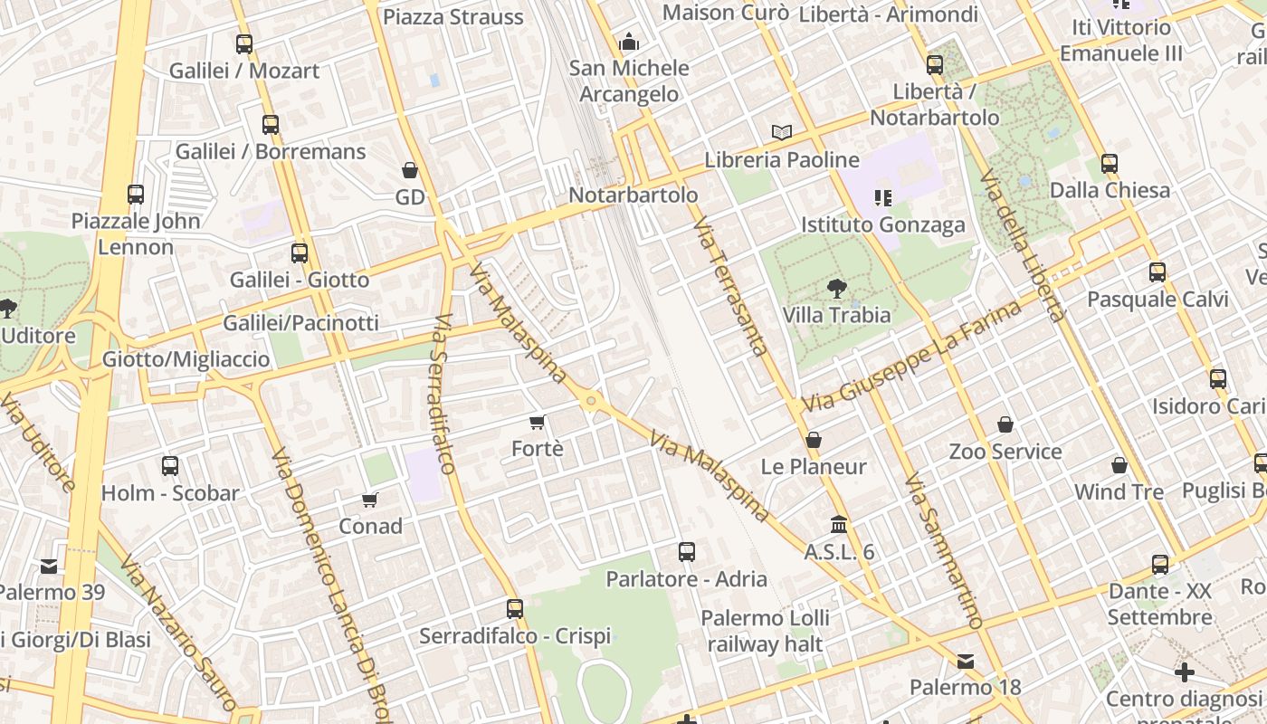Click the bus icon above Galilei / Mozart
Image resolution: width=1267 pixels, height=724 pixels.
[x=243, y=43]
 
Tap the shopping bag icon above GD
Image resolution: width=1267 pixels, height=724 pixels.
[x=409, y=170]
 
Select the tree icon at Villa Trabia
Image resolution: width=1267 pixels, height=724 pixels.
[x=836, y=289]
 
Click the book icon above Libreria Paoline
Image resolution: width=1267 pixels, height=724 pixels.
[x=782, y=133]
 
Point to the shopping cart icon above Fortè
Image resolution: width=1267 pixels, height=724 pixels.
[x=538, y=422]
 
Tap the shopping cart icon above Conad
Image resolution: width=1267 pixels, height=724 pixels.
[x=370, y=500]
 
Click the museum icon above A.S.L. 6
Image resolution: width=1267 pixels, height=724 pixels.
[x=839, y=525]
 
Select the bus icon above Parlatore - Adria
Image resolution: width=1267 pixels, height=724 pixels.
[x=687, y=552]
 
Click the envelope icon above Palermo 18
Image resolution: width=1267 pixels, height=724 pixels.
[x=966, y=662]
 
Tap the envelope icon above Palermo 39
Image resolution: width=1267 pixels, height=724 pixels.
[x=49, y=567]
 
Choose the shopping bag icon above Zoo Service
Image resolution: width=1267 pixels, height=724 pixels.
[x=1005, y=424]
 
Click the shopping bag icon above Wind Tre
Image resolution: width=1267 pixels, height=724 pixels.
[x=1119, y=465]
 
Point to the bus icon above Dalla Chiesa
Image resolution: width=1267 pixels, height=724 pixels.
[x=1110, y=164]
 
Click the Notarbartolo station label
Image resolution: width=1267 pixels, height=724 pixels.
[x=633, y=195]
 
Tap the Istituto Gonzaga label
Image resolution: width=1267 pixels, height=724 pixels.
[x=883, y=224]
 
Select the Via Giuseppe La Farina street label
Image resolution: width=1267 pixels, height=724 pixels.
[x=911, y=355]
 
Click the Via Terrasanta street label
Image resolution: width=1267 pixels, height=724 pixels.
[x=732, y=286]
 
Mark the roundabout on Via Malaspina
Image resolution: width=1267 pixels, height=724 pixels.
[x=591, y=401]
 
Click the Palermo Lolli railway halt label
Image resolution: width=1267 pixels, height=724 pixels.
[x=766, y=631]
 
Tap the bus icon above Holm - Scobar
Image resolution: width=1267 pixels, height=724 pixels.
[x=170, y=466]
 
